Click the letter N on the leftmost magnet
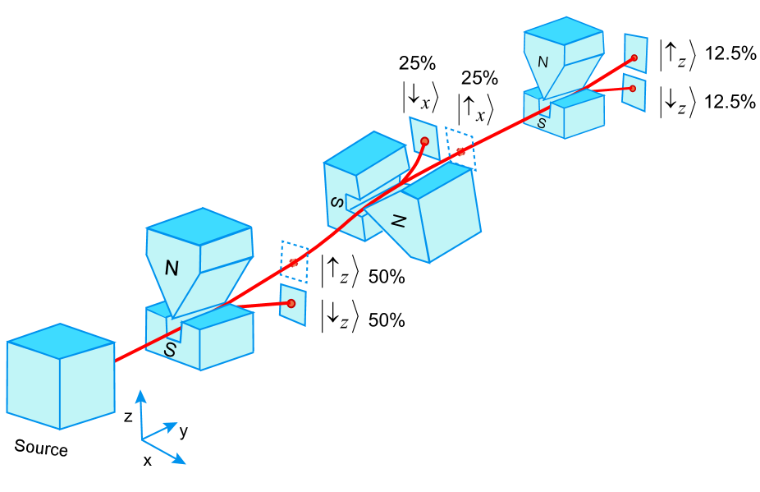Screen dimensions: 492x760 [x=172, y=268]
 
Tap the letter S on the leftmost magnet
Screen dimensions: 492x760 [x=170, y=350]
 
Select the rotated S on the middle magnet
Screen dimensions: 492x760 [x=337, y=202]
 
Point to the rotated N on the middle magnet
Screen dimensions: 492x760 [x=399, y=220]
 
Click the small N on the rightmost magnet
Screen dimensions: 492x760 [x=543, y=62]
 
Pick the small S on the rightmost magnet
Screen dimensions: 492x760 [x=542, y=123]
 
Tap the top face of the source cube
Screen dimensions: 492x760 [x=61, y=340]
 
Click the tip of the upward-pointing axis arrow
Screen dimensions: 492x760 [x=140, y=392]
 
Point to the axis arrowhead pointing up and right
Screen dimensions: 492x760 [x=175, y=425]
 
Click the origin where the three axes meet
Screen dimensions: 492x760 [x=142, y=439]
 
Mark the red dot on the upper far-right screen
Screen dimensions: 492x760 [x=634, y=57]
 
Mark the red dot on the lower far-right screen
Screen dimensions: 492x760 [x=632, y=89]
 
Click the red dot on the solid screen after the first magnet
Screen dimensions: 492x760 [x=291, y=303]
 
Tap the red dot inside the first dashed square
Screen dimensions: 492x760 [x=293, y=263]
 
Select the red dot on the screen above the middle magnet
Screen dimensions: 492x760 [x=424, y=141]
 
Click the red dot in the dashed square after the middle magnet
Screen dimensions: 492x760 [x=460, y=152]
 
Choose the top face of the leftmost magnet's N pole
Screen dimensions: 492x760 [x=199, y=226]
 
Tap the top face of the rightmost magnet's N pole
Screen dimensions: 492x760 [x=564, y=30]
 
